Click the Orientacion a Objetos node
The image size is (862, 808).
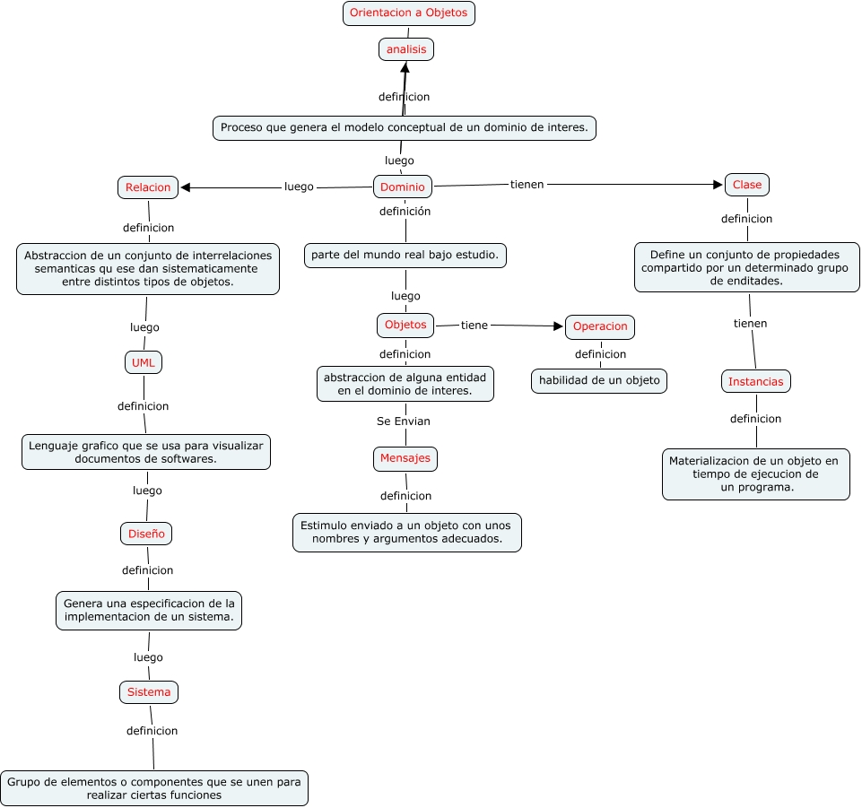click(x=408, y=13)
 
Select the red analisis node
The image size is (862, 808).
click(x=406, y=49)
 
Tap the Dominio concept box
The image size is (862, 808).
click(x=402, y=187)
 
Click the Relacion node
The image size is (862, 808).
click(x=148, y=187)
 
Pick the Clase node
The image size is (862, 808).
click(x=746, y=185)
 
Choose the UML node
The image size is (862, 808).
click(x=144, y=362)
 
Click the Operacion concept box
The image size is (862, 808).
click(x=600, y=327)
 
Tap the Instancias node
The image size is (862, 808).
click(x=755, y=381)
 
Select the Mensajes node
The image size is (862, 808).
click(x=405, y=458)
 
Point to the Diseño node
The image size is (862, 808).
click(x=146, y=534)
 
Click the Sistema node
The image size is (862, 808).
click(x=149, y=692)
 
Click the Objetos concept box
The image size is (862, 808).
click(x=405, y=325)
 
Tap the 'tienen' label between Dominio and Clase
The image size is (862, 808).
click(x=527, y=184)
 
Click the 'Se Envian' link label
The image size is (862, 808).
click(x=404, y=421)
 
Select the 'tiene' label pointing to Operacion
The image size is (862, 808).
click(x=474, y=325)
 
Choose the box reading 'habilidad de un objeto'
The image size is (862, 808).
click(x=599, y=380)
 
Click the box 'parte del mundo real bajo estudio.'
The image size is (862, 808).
click(x=405, y=256)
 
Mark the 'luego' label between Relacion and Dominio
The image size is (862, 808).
click(x=299, y=187)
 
